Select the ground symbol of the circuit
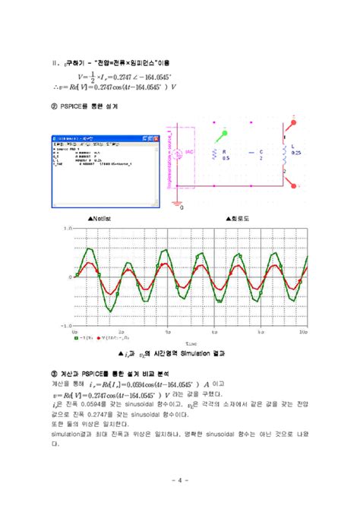(x=180, y=203)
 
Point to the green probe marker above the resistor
(x=223, y=136)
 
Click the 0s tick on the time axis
(x=76, y=332)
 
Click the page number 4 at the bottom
(x=179, y=479)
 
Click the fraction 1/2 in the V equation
(x=93, y=77)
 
